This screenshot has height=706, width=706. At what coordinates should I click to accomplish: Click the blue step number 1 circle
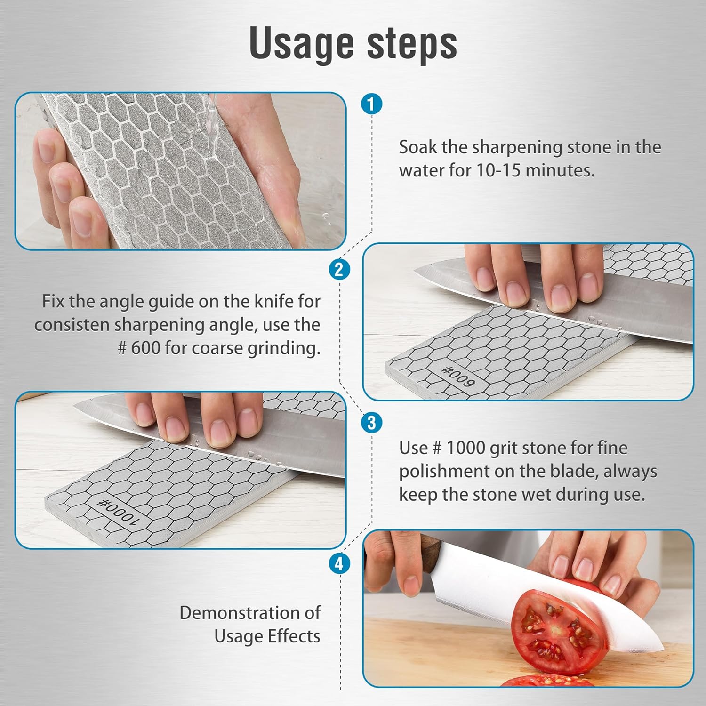(x=371, y=104)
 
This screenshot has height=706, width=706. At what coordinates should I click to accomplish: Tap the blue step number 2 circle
(x=339, y=270)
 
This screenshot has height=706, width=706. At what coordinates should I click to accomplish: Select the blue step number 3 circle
(x=371, y=422)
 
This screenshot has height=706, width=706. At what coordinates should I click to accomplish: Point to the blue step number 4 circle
(x=339, y=563)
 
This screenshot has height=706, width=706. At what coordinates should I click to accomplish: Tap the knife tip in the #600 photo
(x=417, y=270)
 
